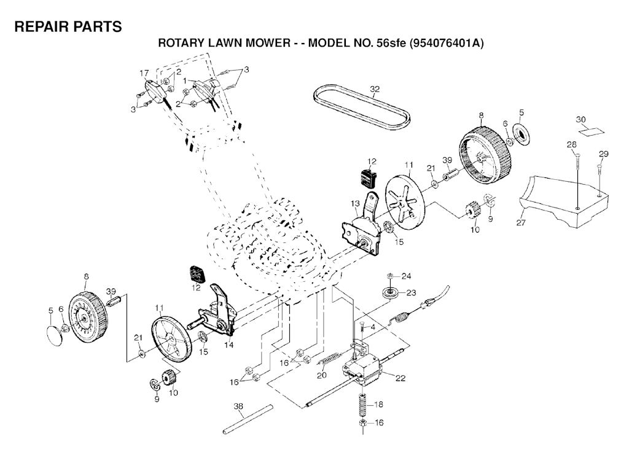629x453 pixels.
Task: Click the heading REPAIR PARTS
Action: coord(68,27)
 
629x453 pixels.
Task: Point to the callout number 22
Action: coord(400,378)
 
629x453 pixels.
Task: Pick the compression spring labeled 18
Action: coord(362,406)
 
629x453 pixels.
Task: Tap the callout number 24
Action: coord(407,275)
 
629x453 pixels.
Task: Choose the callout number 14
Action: coord(229,346)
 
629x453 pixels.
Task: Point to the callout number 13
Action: coord(355,203)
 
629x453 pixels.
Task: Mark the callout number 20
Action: coord(321,376)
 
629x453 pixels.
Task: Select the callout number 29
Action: coord(603,153)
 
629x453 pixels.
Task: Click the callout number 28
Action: coord(572,145)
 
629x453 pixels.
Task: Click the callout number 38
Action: coord(238,406)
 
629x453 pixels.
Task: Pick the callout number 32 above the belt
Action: coord(374,88)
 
